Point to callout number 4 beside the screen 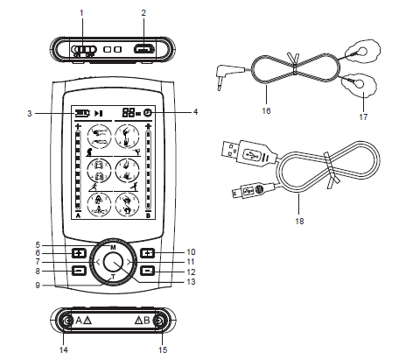click(x=194, y=111)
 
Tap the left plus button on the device click(x=79, y=253)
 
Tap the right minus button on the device click(x=148, y=271)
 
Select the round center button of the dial click(x=113, y=261)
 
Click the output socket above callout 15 click(x=158, y=322)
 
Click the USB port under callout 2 click(x=141, y=49)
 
